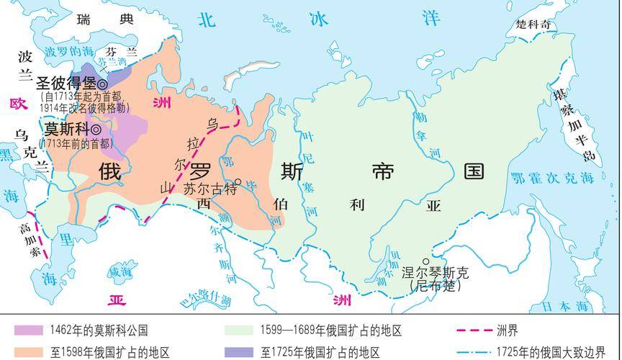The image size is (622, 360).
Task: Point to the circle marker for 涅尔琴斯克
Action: tap(426, 261)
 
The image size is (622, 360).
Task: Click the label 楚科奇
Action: tap(536, 24)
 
